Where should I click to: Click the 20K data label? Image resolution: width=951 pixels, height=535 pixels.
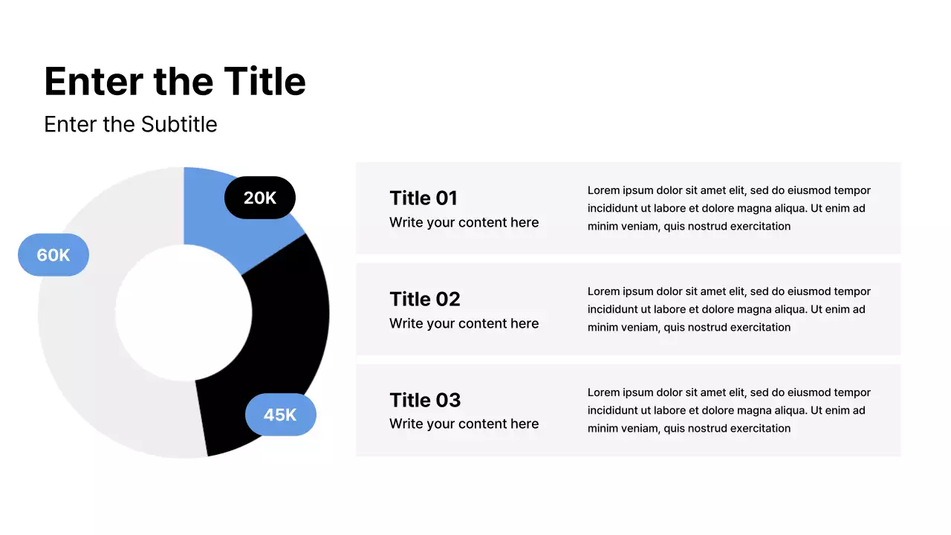point(260,198)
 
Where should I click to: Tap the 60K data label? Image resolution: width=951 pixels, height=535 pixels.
point(53,255)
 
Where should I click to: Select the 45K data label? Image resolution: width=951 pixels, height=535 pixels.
point(280,415)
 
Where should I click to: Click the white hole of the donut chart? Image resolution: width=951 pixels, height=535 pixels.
point(184,312)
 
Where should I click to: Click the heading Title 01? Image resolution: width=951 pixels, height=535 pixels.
point(423,198)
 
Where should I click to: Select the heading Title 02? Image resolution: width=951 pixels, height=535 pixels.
point(425,299)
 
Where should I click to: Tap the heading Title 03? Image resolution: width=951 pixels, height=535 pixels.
point(425,400)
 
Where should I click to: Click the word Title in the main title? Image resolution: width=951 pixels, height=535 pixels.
point(264,81)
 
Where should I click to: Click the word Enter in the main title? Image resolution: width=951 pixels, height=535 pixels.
point(94,81)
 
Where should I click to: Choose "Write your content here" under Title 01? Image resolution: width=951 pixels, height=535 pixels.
point(464,222)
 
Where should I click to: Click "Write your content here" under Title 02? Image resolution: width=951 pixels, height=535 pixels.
point(464,323)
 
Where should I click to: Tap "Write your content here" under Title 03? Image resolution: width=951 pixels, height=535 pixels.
point(464,424)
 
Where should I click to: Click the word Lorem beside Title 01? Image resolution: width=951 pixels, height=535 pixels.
point(604,190)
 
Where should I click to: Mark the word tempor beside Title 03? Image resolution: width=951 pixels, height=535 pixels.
point(851,392)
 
